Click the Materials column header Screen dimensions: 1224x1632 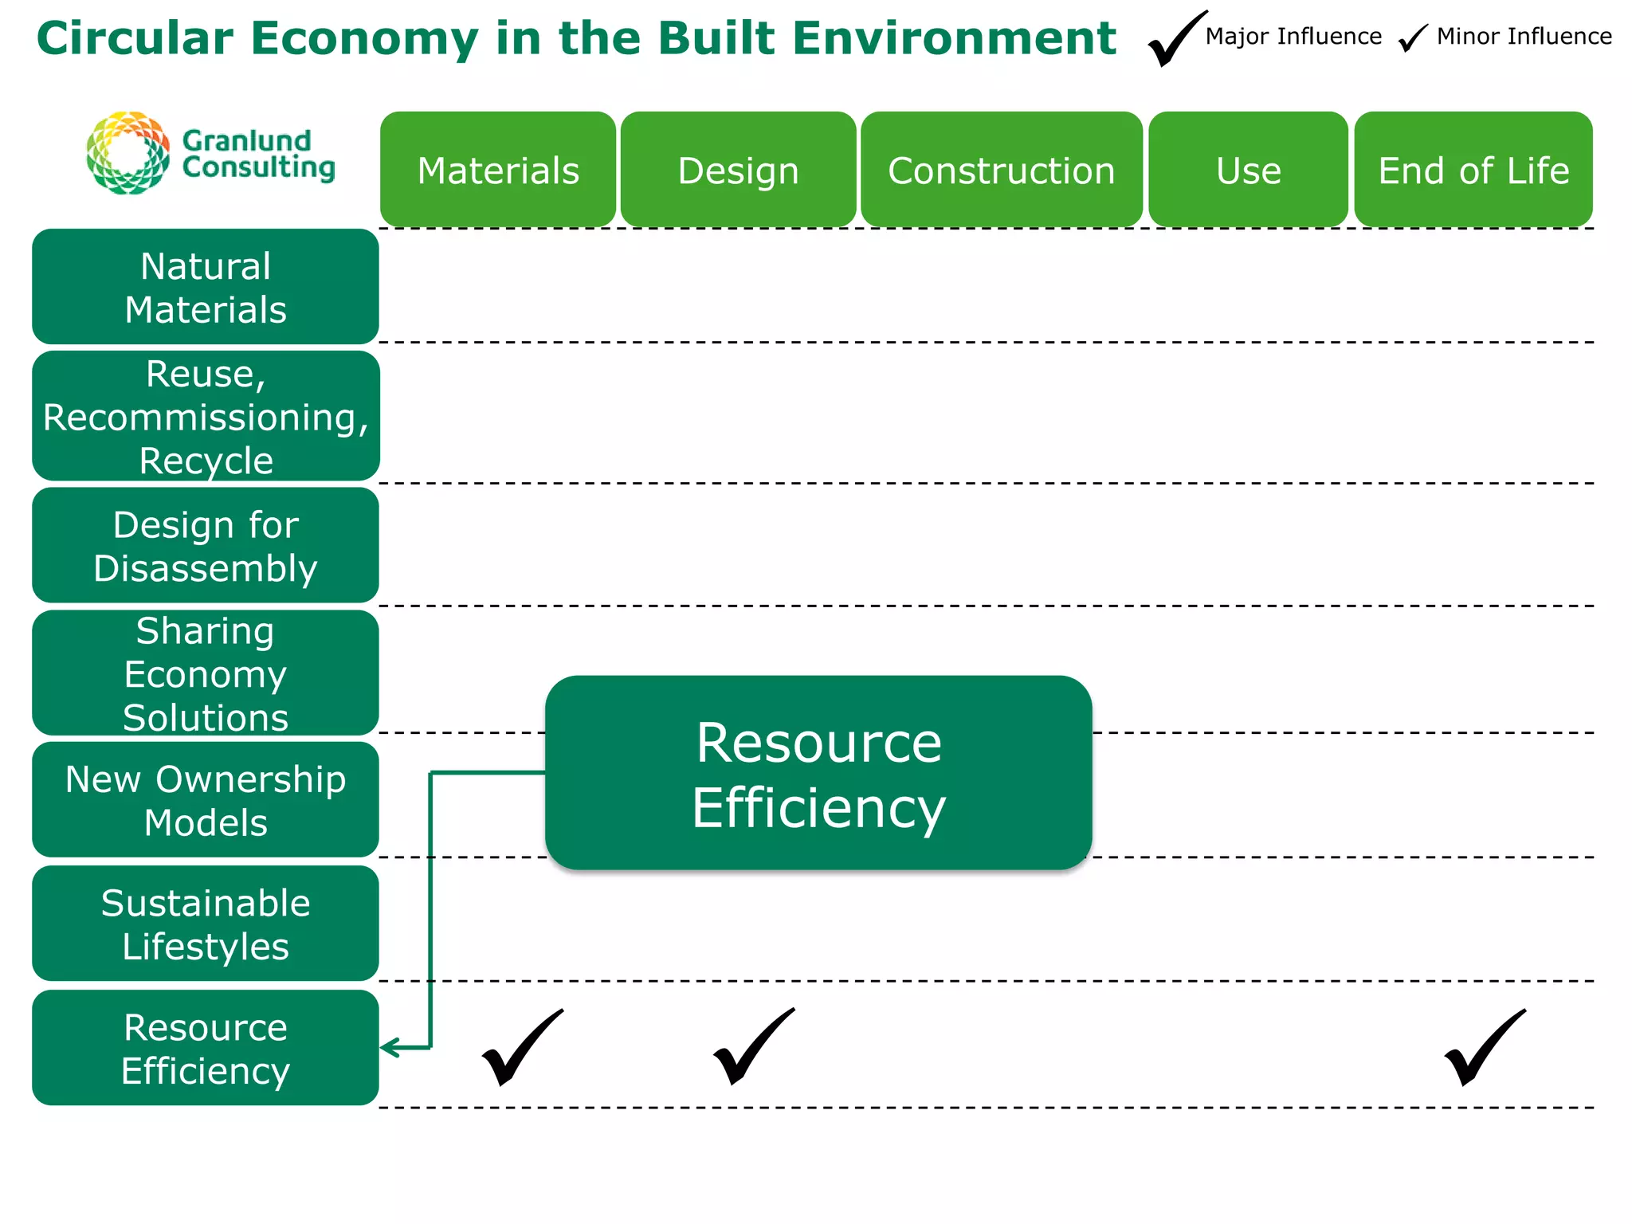click(498, 170)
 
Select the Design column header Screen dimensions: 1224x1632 click(738, 170)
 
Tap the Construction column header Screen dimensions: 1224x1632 click(1001, 170)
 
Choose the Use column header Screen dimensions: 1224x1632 click(1248, 170)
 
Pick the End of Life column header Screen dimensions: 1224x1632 click(1473, 170)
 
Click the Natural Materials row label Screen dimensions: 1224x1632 click(206, 287)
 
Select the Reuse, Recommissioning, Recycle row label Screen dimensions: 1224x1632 click(206, 416)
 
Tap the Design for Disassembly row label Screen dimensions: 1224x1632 click(206, 546)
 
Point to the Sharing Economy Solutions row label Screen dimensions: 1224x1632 click(206, 673)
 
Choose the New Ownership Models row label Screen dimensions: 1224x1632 click(206, 800)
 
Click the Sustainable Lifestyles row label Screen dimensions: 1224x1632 click(206, 924)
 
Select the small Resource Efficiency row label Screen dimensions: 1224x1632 click(206, 1048)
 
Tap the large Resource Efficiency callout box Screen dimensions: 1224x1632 click(818, 773)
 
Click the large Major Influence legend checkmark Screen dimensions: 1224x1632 click(1175, 40)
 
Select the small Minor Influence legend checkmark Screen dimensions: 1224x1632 click(1413, 37)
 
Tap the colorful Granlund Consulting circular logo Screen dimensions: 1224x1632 click(128, 153)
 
